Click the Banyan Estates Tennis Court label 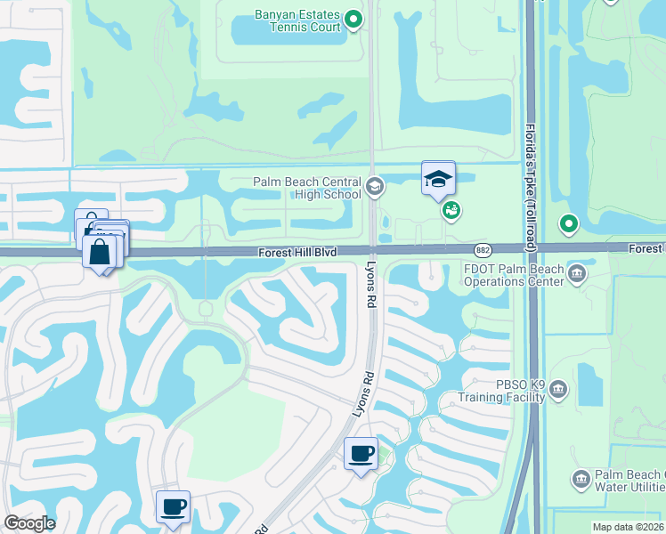tap(286, 20)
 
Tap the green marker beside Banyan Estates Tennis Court tap(353, 19)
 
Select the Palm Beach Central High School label tap(306, 188)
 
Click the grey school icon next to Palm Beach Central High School tap(375, 187)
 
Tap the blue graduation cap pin tap(438, 178)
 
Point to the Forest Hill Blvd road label tap(298, 253)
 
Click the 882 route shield tap(483, 251)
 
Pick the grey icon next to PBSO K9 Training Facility tap(558, 389)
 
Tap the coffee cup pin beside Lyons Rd tap(361, 454)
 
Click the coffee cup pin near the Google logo tap(173, 507)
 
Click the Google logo tap(29, 523)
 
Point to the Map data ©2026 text tap(629, 527)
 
